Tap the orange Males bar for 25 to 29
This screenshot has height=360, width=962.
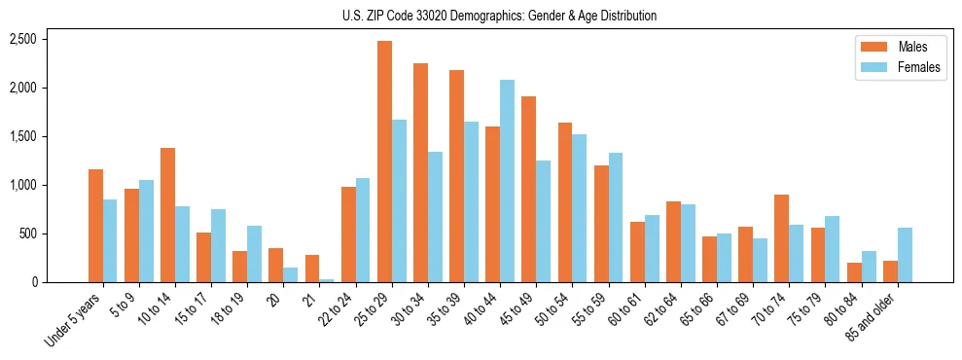385,162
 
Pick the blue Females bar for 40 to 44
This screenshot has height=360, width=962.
508,181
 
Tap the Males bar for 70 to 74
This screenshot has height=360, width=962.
781,238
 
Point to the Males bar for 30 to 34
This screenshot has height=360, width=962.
421,172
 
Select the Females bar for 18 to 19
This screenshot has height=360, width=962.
255,254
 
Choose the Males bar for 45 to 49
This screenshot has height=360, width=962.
529,189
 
